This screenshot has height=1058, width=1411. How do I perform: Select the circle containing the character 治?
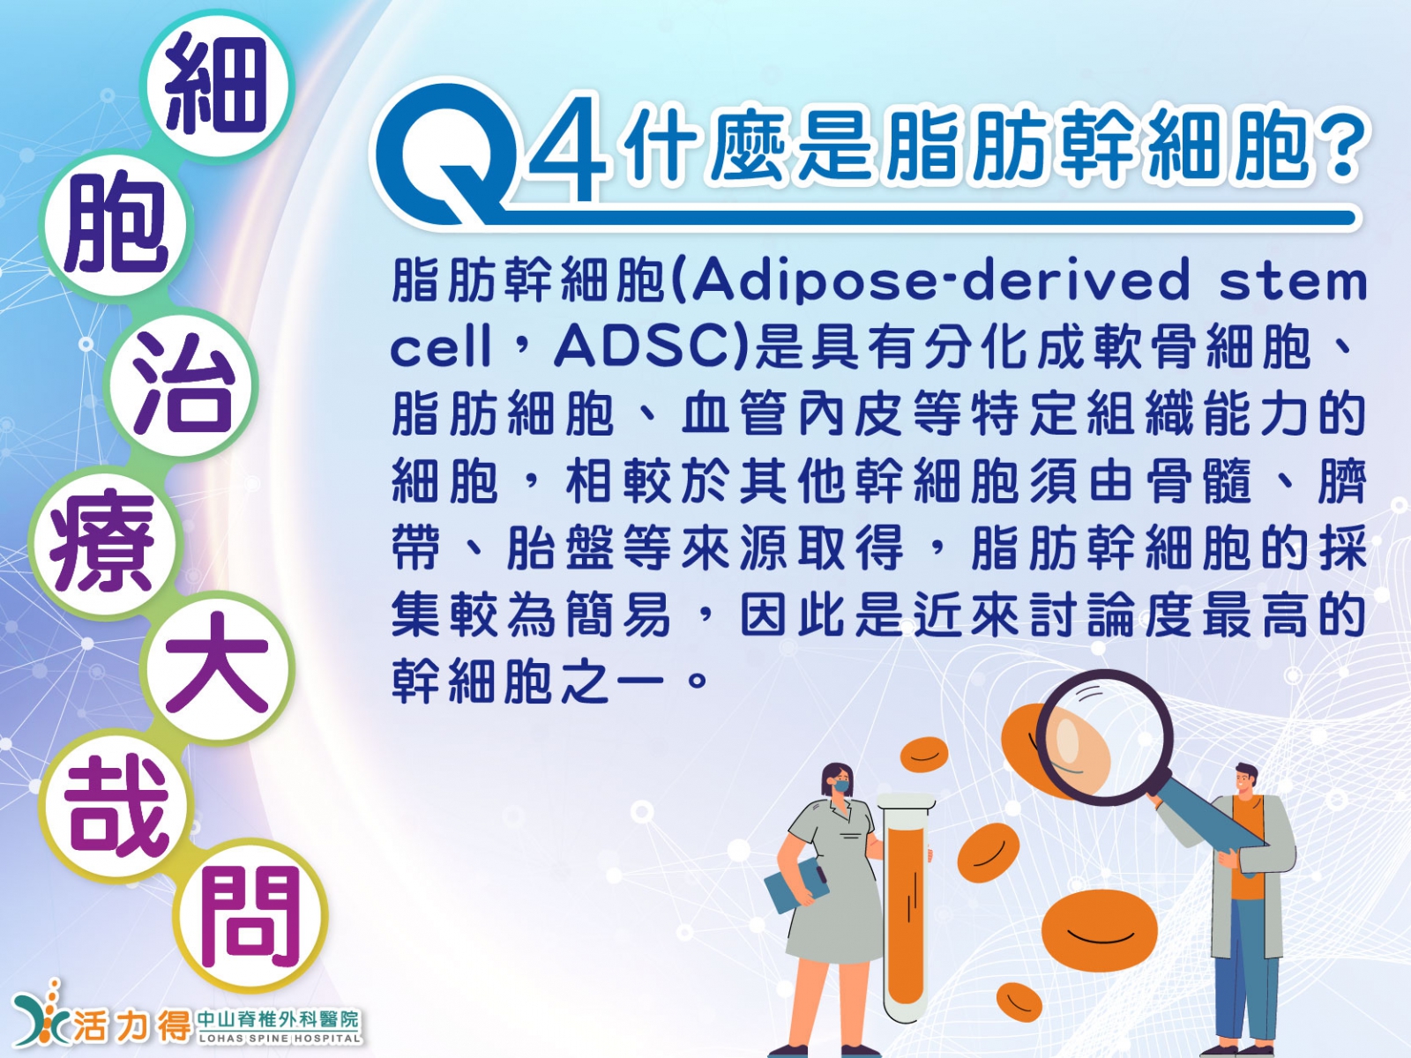coord(182,384)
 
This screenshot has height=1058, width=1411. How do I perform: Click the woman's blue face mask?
coord(841,785)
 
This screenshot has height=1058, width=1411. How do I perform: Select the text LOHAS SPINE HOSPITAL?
coord(280,1038)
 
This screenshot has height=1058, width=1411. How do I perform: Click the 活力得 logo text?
coord(131,1024)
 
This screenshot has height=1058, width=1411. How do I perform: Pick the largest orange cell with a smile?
coord(1099,930)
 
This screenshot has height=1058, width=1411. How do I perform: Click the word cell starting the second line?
coord(442,346)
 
